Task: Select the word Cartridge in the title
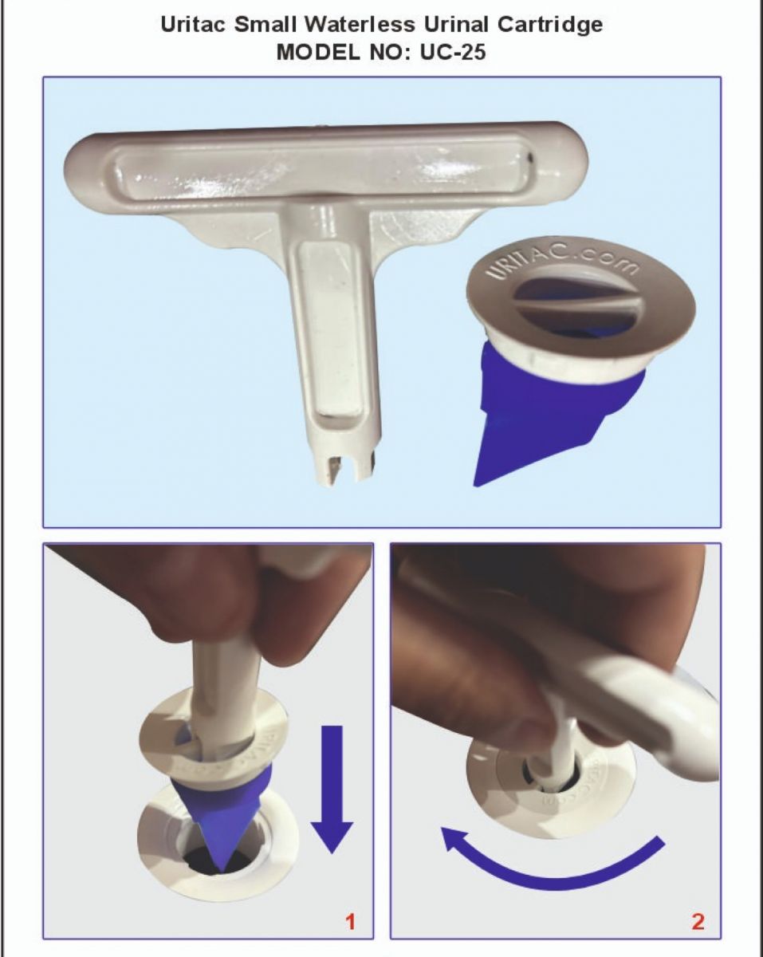click(549, 26)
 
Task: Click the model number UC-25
click(453, 53)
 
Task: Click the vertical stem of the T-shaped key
click(331, 338)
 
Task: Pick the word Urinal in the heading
click(457, 25)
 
